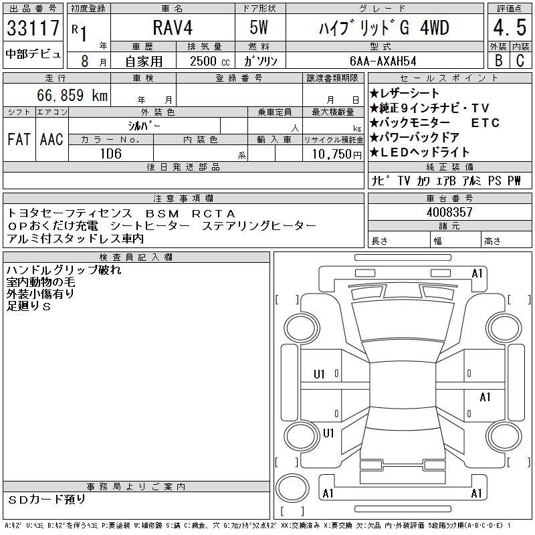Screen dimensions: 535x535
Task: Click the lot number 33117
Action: click(33, 27)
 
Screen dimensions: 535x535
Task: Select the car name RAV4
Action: click(173, 27)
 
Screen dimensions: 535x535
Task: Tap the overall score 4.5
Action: click(510, 27)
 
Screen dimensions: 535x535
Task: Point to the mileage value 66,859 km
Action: click(72, 95)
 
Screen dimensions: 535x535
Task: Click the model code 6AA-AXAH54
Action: click(383, 61)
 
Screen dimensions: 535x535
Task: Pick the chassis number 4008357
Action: click(449, 212)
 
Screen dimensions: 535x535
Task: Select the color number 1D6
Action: click(111, 154)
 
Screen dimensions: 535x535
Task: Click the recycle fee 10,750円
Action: click(337, 154)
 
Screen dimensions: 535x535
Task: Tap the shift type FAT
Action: click(19, 139)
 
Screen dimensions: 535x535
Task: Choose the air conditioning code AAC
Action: click(51, 139)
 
